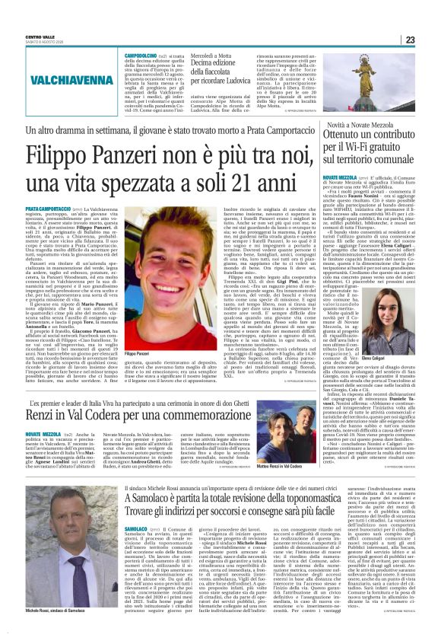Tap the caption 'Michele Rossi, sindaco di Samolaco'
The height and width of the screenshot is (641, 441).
[56, 611]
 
